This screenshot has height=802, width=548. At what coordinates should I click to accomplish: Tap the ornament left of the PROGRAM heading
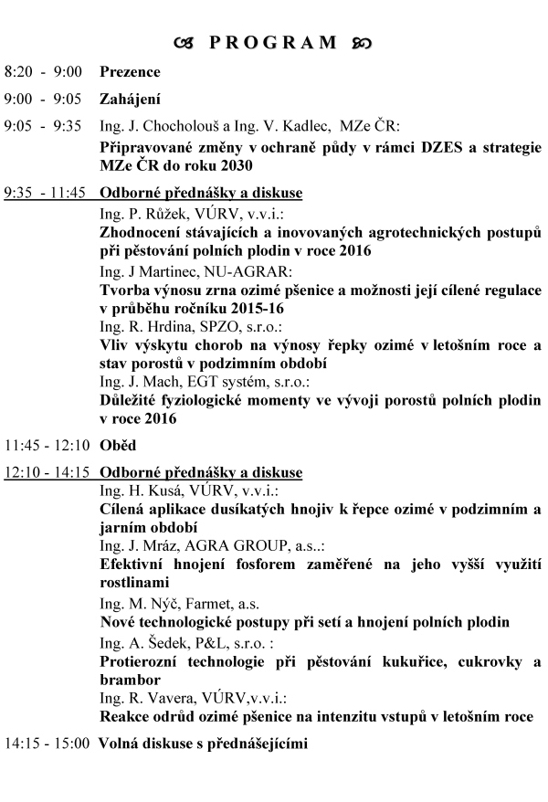185,42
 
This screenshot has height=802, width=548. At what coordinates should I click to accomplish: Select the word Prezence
130,72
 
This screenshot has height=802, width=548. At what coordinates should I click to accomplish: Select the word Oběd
117,446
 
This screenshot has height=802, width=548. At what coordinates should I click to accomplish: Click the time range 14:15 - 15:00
47,744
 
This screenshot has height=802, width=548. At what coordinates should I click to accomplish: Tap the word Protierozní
143,661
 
